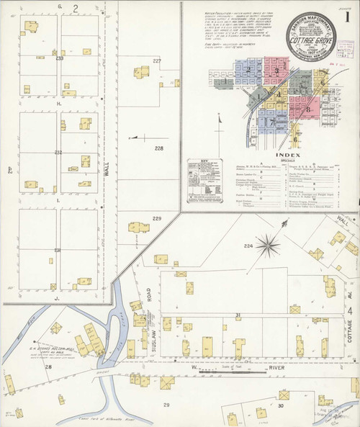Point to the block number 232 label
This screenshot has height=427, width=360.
pos(58,152)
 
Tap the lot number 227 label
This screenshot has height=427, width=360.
pos(157,61)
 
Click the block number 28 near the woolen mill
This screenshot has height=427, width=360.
pos(49,367)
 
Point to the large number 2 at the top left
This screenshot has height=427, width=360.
pos(75,7)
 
